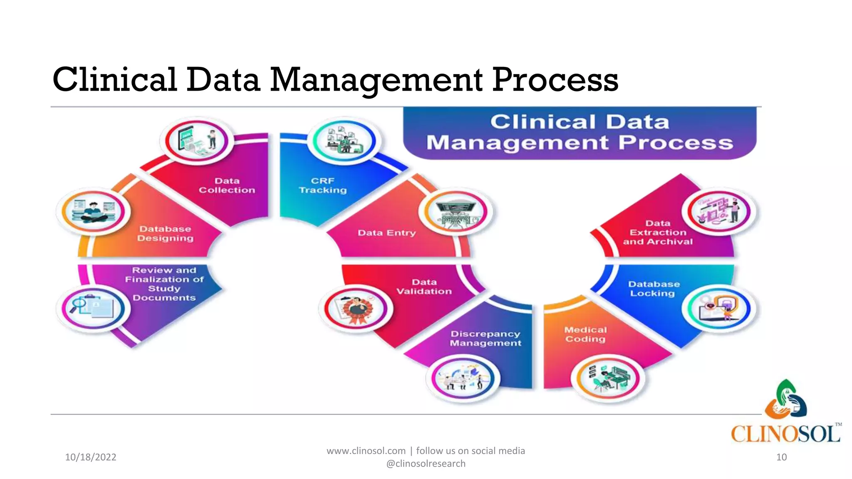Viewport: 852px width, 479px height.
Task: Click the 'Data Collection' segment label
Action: (227, 185)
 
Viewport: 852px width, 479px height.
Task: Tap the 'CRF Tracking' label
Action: (322, 185)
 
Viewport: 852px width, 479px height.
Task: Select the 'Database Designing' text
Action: (165, 233)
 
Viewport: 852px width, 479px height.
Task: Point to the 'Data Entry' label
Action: (386, 233)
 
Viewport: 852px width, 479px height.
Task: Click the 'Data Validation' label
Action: (424, 286)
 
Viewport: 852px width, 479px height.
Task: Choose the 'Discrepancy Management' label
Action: (485, 338)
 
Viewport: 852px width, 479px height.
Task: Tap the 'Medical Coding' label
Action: (585, 334)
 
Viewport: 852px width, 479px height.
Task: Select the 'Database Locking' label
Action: (654, 289)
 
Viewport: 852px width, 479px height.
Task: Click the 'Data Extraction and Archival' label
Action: (658, 232)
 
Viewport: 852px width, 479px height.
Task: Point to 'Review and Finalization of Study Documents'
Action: (164, 284)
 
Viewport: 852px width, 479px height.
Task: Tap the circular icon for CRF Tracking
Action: (344, 141)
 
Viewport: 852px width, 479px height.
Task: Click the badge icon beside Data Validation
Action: (356, 309)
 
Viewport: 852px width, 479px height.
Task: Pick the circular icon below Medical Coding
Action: (608, 378)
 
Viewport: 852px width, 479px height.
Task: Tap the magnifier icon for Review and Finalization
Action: (93, 308)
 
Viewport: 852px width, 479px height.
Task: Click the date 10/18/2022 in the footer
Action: (91, 457)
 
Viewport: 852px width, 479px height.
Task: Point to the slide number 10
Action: (781, 457)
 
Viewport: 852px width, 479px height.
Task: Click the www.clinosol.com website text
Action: (366, 451)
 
